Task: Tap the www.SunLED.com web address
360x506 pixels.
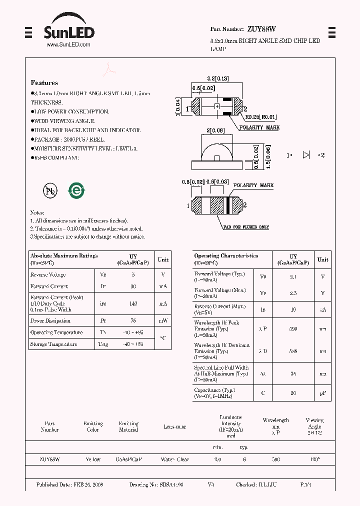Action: (x=68, y=45)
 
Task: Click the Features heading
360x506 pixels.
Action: (x=44, y=83)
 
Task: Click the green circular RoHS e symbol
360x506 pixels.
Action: (x=76, y=190)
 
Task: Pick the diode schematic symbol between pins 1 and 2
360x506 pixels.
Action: (x=306, y=155)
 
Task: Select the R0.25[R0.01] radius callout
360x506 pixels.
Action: (x=260, y=117)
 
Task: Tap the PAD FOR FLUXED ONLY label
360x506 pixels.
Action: (x=246, y=227)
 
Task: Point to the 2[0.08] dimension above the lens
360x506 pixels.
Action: (x=215, y=131)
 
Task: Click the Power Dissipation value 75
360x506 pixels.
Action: (x=132, y=321)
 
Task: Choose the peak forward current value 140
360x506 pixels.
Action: (x=132, y=303)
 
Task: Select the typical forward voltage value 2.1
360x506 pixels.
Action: (x=293, y=276)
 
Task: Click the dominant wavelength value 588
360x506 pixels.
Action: (x=293, y=351)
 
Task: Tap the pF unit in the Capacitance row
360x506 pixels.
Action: (x=322, y=393)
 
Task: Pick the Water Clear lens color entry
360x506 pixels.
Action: (x=174, y=459)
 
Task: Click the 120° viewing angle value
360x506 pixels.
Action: (x=314, y=459)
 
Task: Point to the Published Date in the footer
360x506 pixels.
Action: (x=69, y=485)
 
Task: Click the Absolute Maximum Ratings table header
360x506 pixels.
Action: (x=64, y=256)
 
